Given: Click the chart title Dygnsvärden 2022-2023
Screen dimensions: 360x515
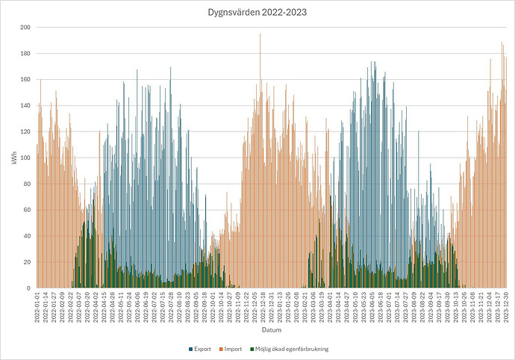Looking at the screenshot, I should tap(257, 12).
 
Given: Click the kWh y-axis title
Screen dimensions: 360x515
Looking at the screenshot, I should tap(14, 158).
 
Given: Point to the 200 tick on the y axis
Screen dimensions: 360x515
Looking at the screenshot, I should tap(25, 28).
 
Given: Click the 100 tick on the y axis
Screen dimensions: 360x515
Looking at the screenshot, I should tap(25, 158).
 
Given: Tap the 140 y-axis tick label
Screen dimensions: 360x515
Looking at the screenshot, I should tap(25, 106).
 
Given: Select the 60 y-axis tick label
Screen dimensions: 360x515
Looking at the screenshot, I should tap(26, 210).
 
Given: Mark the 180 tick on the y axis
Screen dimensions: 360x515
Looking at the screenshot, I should tap(25, 54).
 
